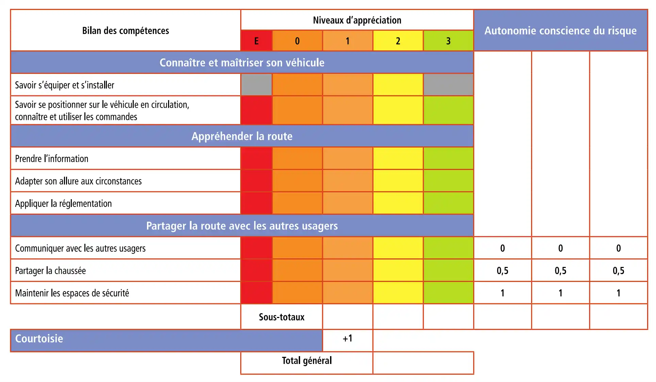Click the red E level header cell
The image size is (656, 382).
256,41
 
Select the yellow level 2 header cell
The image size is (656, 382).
398,41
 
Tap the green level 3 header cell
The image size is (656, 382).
448,41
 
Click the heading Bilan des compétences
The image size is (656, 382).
126,31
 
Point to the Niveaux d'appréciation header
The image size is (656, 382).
357,20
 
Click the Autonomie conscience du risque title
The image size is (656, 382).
560,31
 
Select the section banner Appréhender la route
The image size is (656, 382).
242,136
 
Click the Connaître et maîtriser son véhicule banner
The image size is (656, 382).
242,63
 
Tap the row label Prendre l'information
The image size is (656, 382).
52,159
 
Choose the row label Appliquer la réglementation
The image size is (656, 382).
63,204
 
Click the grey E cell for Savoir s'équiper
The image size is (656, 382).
256,85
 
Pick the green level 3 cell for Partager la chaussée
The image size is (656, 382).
448,271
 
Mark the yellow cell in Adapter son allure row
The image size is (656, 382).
398,181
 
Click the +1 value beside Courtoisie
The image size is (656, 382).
347,338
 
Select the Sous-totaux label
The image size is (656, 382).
281,317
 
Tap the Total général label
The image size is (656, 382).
307,361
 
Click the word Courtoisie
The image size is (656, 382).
39,339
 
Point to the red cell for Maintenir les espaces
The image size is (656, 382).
256,293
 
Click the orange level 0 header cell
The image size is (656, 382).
297,41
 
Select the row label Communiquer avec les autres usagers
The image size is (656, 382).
80,248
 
